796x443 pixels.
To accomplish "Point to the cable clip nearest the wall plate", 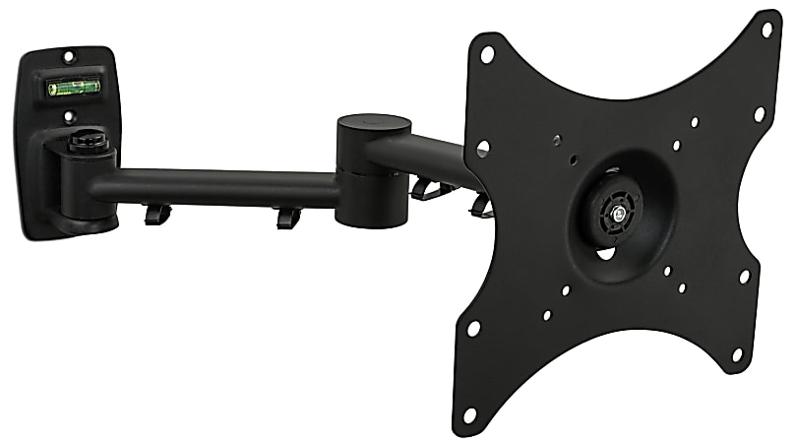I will pos(156,214).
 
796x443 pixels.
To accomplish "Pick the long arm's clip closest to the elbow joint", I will pos(287,217).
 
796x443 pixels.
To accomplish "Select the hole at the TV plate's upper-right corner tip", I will pos(766,30).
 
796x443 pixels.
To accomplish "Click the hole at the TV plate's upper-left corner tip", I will pos(486,54).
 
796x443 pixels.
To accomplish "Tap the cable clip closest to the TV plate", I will pos(481,206).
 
